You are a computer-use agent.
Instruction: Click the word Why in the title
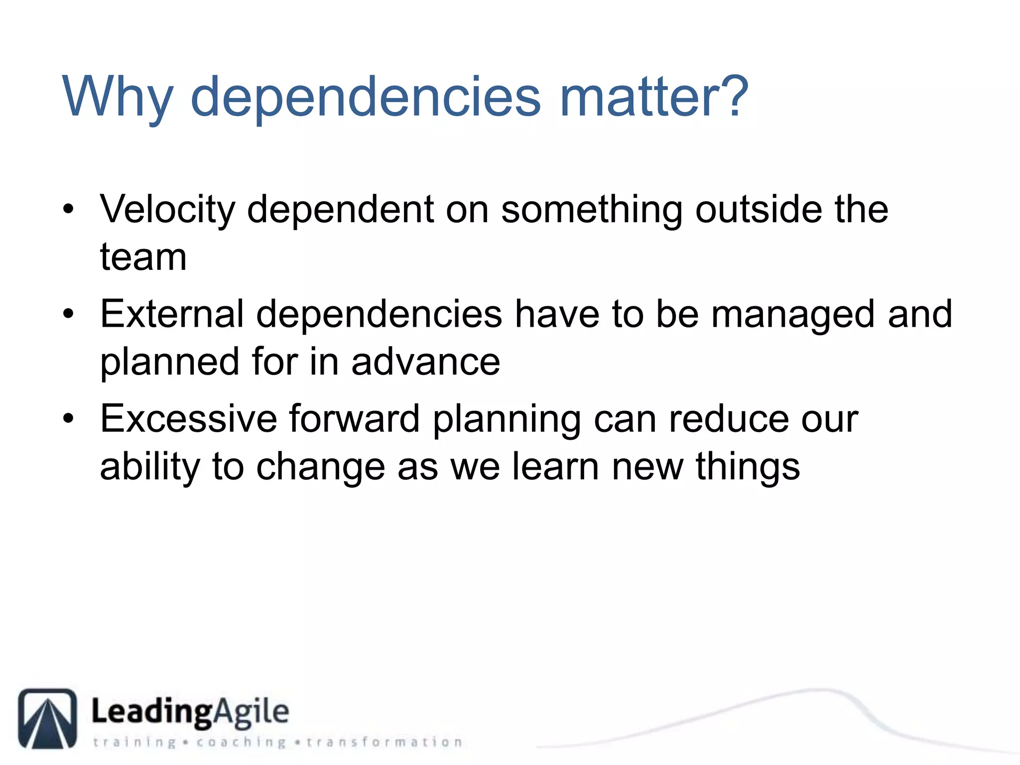(x=118, y=97)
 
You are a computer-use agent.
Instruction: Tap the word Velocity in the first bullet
(x=167, y=210)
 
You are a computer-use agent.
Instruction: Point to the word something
(x=591, y=210)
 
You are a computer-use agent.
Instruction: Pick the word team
(x=143, y=257)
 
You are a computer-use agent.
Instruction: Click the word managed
(x=793, y=315)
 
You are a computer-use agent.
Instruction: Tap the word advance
(x=425, y=362)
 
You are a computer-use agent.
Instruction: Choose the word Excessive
(x=188, y=419)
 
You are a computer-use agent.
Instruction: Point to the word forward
(x=355, y=418)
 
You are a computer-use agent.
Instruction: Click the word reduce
(x=729, y=419)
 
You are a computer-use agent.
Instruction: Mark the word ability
(x=150, y=467)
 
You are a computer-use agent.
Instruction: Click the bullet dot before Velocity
(x=69, y=210)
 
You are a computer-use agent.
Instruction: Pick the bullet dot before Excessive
(x=69, y=419)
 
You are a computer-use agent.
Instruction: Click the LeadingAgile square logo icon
(x=48, y=718)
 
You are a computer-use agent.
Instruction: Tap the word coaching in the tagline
(x=241, y=742)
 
